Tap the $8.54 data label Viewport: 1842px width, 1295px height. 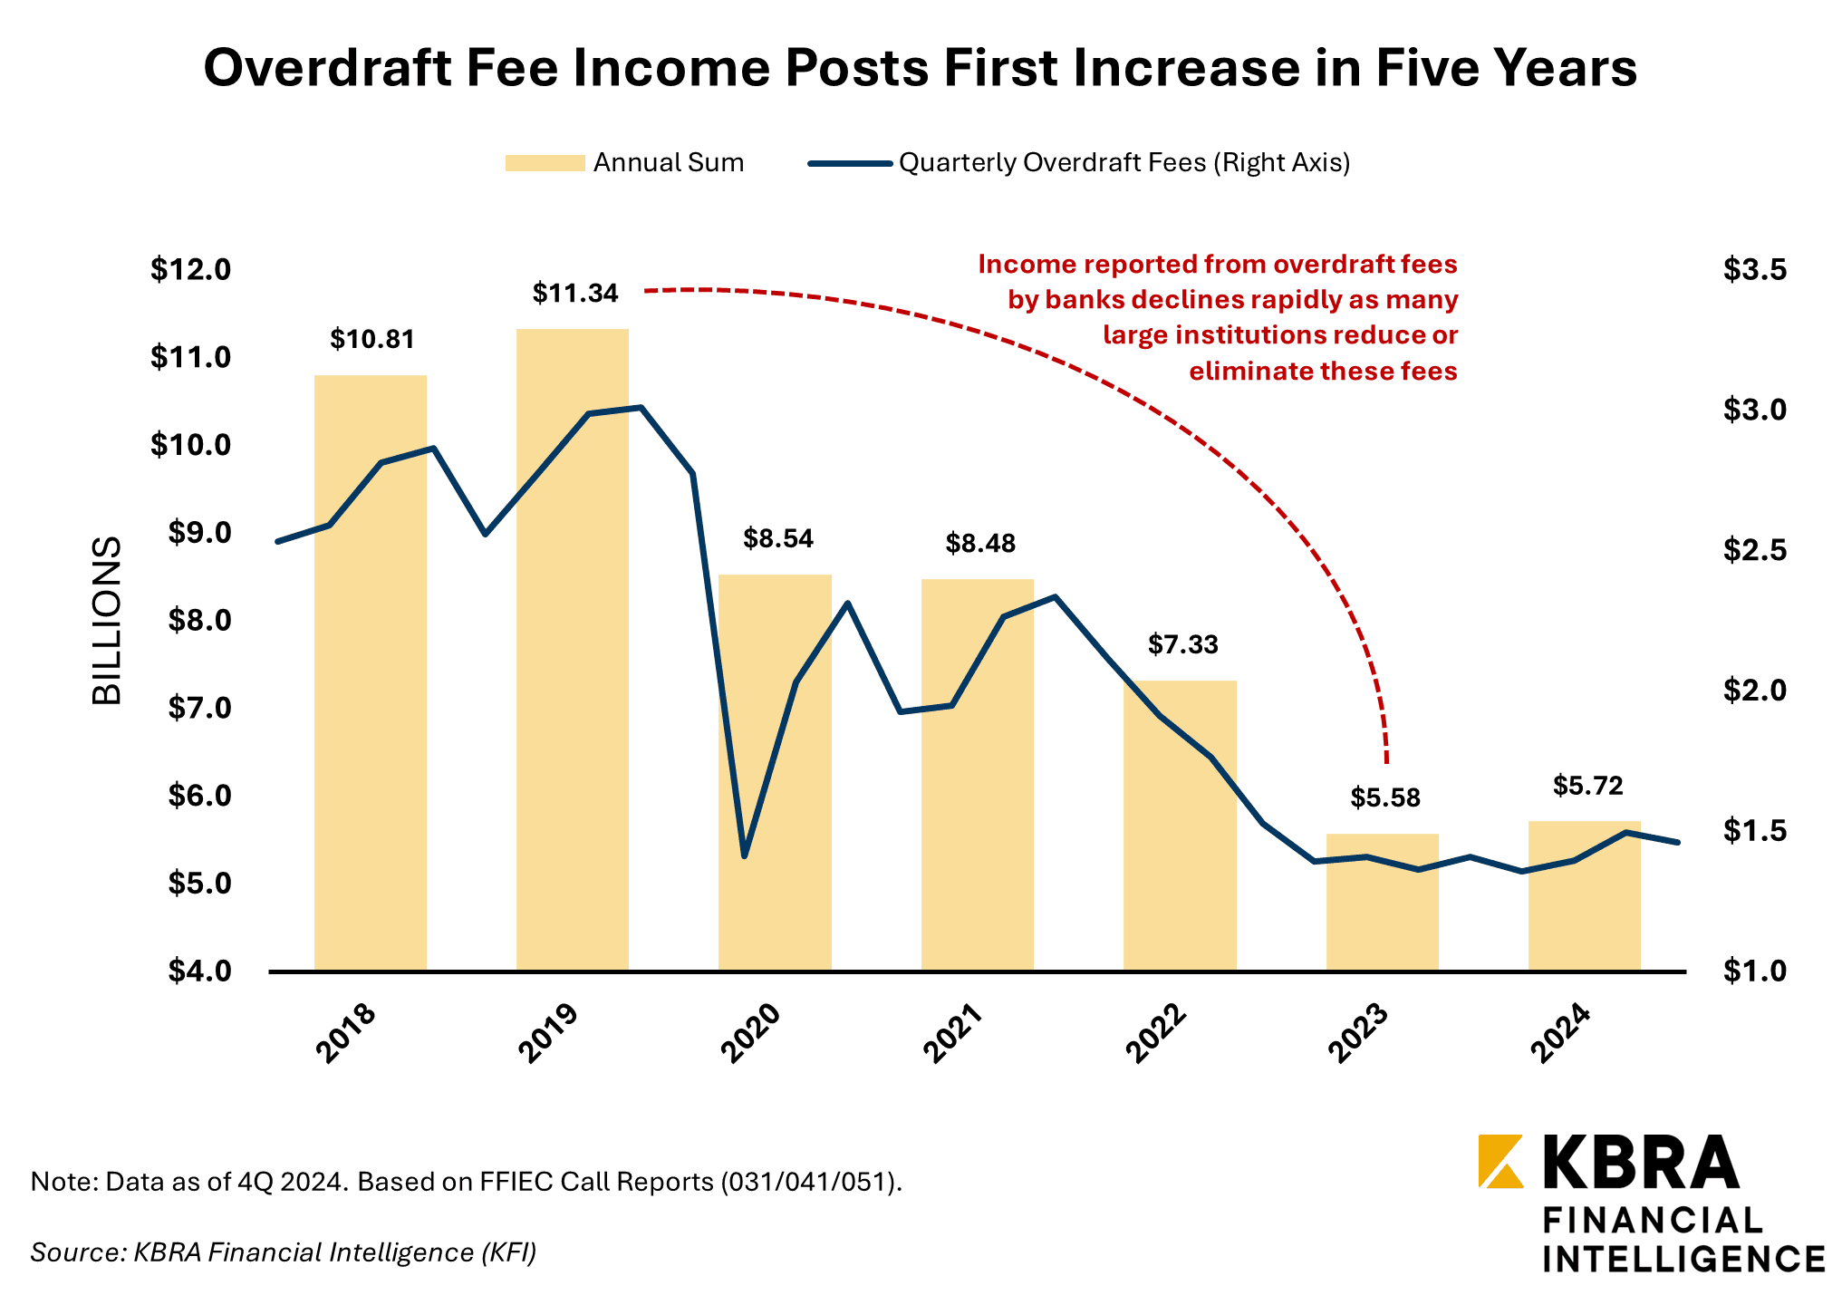[778, 539]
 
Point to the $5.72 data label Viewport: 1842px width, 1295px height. [1587, 786]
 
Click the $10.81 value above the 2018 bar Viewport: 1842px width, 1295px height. [371, 340]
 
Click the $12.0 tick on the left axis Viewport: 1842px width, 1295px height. [191, 269]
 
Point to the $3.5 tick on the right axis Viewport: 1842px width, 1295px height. [1754, 269]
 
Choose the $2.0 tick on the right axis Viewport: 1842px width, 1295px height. [1754, 691]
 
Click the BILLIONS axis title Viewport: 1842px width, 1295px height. [107, 621]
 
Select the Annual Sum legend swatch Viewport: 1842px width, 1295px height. [545, 163]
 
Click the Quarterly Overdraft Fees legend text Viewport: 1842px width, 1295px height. [1124, 163]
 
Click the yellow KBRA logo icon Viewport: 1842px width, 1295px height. [1500, 1161]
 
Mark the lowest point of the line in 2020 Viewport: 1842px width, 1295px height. [744, 855]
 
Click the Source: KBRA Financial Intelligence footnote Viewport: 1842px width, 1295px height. [283, 1252]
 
